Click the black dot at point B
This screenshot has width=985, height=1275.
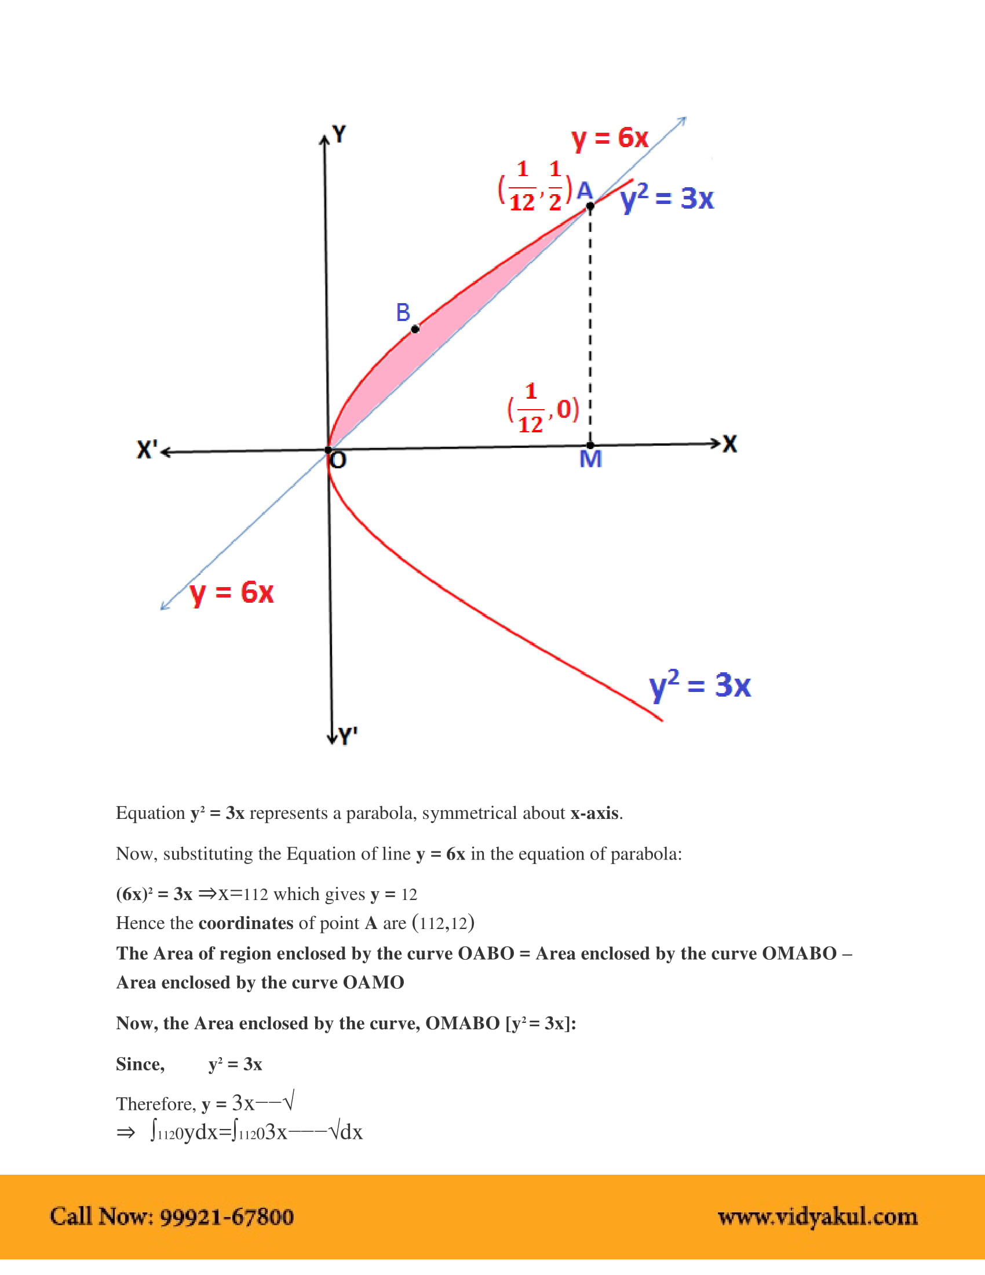(415, 329)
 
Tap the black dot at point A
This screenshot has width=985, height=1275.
(590, 206)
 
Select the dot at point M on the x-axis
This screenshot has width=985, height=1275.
(590, 446)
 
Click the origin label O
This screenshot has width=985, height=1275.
(338, 461)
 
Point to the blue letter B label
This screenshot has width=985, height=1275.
(403, 313)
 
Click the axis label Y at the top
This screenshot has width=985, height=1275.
(339, 134)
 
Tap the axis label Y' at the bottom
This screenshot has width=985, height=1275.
(348, 736)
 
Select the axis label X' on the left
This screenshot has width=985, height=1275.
(147, 450)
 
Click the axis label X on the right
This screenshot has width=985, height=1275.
(729, 444)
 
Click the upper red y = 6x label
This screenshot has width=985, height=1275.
(610, 139)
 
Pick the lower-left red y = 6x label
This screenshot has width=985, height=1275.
(232, 592)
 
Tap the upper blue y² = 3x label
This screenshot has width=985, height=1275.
(667, 198)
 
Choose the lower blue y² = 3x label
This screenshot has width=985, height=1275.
(700, 686)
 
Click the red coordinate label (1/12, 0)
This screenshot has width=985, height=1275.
(543, 409)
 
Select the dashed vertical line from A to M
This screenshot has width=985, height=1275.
(590, 327)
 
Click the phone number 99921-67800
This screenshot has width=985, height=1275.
(227, 1217)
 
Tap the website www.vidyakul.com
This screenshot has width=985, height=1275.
(817, 1217)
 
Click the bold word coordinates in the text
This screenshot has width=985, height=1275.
(246, 923)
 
